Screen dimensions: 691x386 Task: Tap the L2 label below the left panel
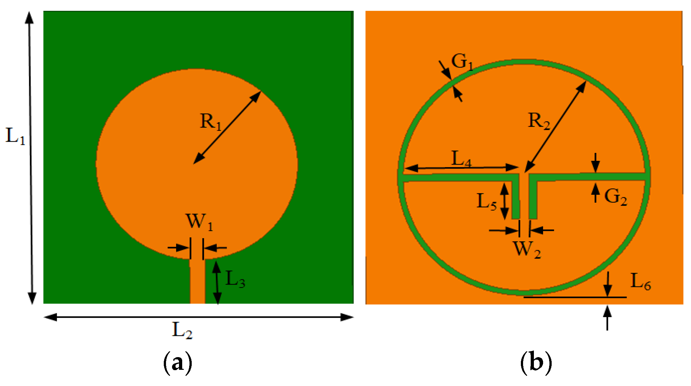[x=182, y=330]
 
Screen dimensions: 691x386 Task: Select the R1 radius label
[x=210, y=122]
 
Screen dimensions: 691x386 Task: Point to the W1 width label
[x=199, y=222]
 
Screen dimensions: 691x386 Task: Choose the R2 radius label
[x=539, y=121]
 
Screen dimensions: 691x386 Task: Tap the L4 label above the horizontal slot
[x=461, y=159]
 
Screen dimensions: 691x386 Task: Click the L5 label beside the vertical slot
[x=487, y=202]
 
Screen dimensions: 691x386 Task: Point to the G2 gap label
[x=615, y=197]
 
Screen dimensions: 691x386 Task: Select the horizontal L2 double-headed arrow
[x=198, y=317]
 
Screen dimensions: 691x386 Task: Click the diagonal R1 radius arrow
[x=227, y=128]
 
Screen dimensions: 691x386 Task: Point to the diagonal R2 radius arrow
[x=555, y=127]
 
